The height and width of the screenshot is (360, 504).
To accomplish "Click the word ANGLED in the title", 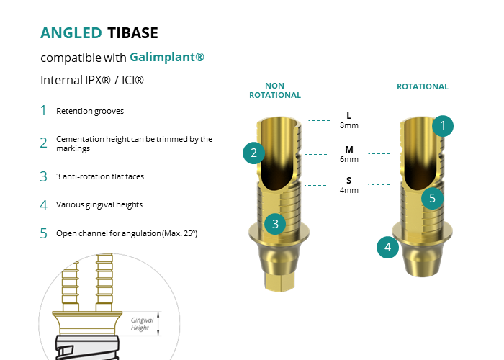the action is click(71, 33).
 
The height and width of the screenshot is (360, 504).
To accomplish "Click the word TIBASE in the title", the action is click(132, 33).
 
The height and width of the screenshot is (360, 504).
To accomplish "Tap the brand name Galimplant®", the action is click(167, 57).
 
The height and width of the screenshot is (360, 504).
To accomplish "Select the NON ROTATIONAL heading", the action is click(275, 90).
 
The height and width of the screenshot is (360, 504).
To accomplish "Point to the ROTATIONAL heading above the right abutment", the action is click(423, 86).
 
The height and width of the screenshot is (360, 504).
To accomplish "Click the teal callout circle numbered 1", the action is click(443, 126).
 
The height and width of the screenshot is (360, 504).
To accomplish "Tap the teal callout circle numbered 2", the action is click(253, 153).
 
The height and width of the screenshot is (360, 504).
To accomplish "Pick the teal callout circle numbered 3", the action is click(275, 224).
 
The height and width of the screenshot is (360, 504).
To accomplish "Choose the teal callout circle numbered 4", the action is click(387, 247).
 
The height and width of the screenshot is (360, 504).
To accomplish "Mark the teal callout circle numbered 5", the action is click(432, 198).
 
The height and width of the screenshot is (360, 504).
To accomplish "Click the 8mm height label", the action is click(349, 125).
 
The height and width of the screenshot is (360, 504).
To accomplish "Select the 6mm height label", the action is click(349, 159).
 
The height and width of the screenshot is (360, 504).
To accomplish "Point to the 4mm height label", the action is click(349, 190).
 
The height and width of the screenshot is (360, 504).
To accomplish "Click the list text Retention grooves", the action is click(90, 111).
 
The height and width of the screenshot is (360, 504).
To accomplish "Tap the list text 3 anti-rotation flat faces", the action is click(100, 176).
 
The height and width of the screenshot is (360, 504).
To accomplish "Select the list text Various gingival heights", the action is click(99, 205).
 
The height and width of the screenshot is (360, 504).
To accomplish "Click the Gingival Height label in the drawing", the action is click(142, 324).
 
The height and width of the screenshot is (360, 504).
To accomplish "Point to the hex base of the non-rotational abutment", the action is click(279, 282).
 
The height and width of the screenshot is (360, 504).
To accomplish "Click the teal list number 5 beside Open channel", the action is click(43, 233).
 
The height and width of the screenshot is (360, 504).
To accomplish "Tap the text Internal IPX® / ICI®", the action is click(92, 80).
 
